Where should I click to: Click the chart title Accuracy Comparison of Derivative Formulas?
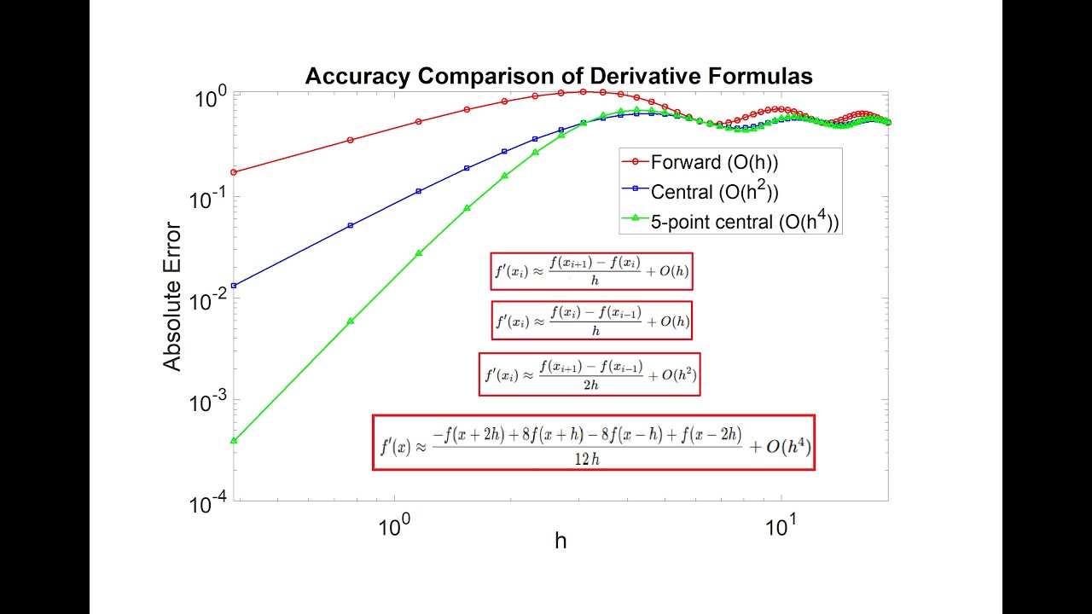(559, 76)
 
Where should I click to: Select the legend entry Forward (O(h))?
(713, 162)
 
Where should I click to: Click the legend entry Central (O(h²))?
(713, 192)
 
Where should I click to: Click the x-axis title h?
(561, 541)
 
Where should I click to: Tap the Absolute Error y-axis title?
(173, 297)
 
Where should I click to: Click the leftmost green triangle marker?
(234, 440)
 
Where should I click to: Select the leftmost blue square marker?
(234, 286)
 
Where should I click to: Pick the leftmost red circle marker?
(234, 172)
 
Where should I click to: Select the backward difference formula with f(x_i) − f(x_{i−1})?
(591, 321)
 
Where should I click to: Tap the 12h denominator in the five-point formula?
(589, 459)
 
